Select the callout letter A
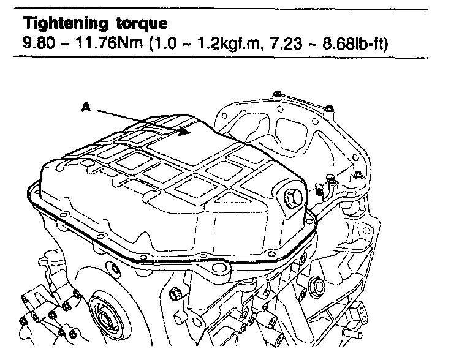[86, 107]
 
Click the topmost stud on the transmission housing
[277, 95]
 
